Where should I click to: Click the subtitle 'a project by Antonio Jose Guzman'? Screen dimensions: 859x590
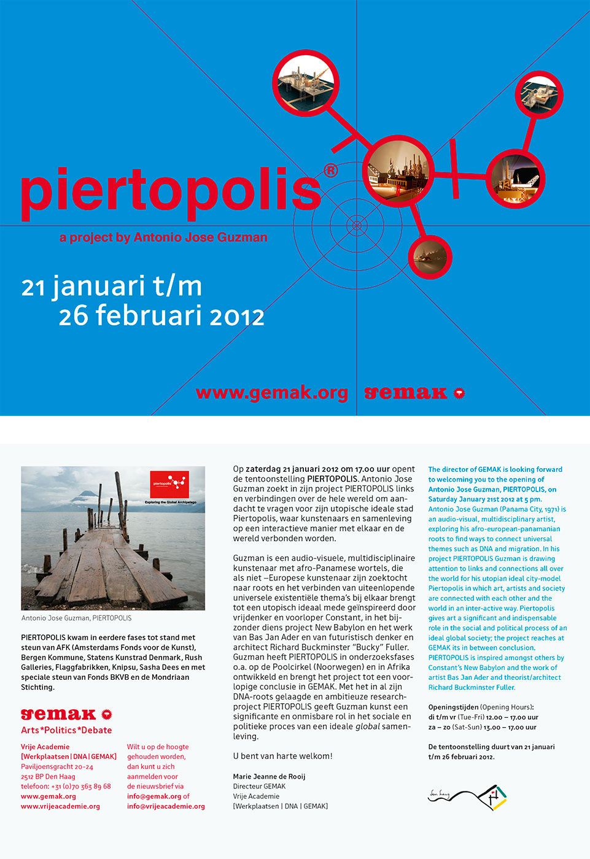pyautogui.click(x=163, y=237)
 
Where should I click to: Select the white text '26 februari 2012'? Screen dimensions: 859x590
pyautogui.click(x=161, y=316)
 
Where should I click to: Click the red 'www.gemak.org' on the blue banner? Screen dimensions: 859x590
pyautogui.click(x=271, y=393)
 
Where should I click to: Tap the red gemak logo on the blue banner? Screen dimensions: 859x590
pyautogui.click(x=414, y=393)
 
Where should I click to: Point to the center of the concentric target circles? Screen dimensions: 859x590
pyautogui.click(x=357, y=226)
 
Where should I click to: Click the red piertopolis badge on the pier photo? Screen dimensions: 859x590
pyautogui.click(x=169, y=484)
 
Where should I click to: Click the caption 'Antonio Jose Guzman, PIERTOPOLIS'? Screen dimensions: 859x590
pyautogui.click(x=76, y=618)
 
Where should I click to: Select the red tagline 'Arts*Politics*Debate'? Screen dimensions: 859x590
pyautogui.click(x=66, y=730)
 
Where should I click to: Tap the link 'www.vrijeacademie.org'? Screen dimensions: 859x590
pyautogui.click(x=60, y=806)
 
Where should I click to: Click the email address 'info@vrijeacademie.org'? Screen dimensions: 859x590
pyautogui.click(x=166, y=806)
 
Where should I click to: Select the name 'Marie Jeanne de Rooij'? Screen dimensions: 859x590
pyautogui.click(x=269, y=776)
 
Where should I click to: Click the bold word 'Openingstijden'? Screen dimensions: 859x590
pyautogui.click(x=453, y=707)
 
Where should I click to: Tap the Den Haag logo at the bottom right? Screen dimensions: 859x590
pyautogui.click(x=467, y=796)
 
